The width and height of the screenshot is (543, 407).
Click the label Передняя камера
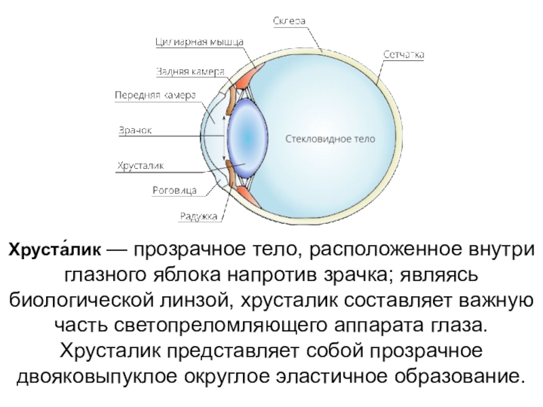point(155,96)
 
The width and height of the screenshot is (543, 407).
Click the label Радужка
point(198,216)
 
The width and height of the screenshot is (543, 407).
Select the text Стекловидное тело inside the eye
point(329,138)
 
